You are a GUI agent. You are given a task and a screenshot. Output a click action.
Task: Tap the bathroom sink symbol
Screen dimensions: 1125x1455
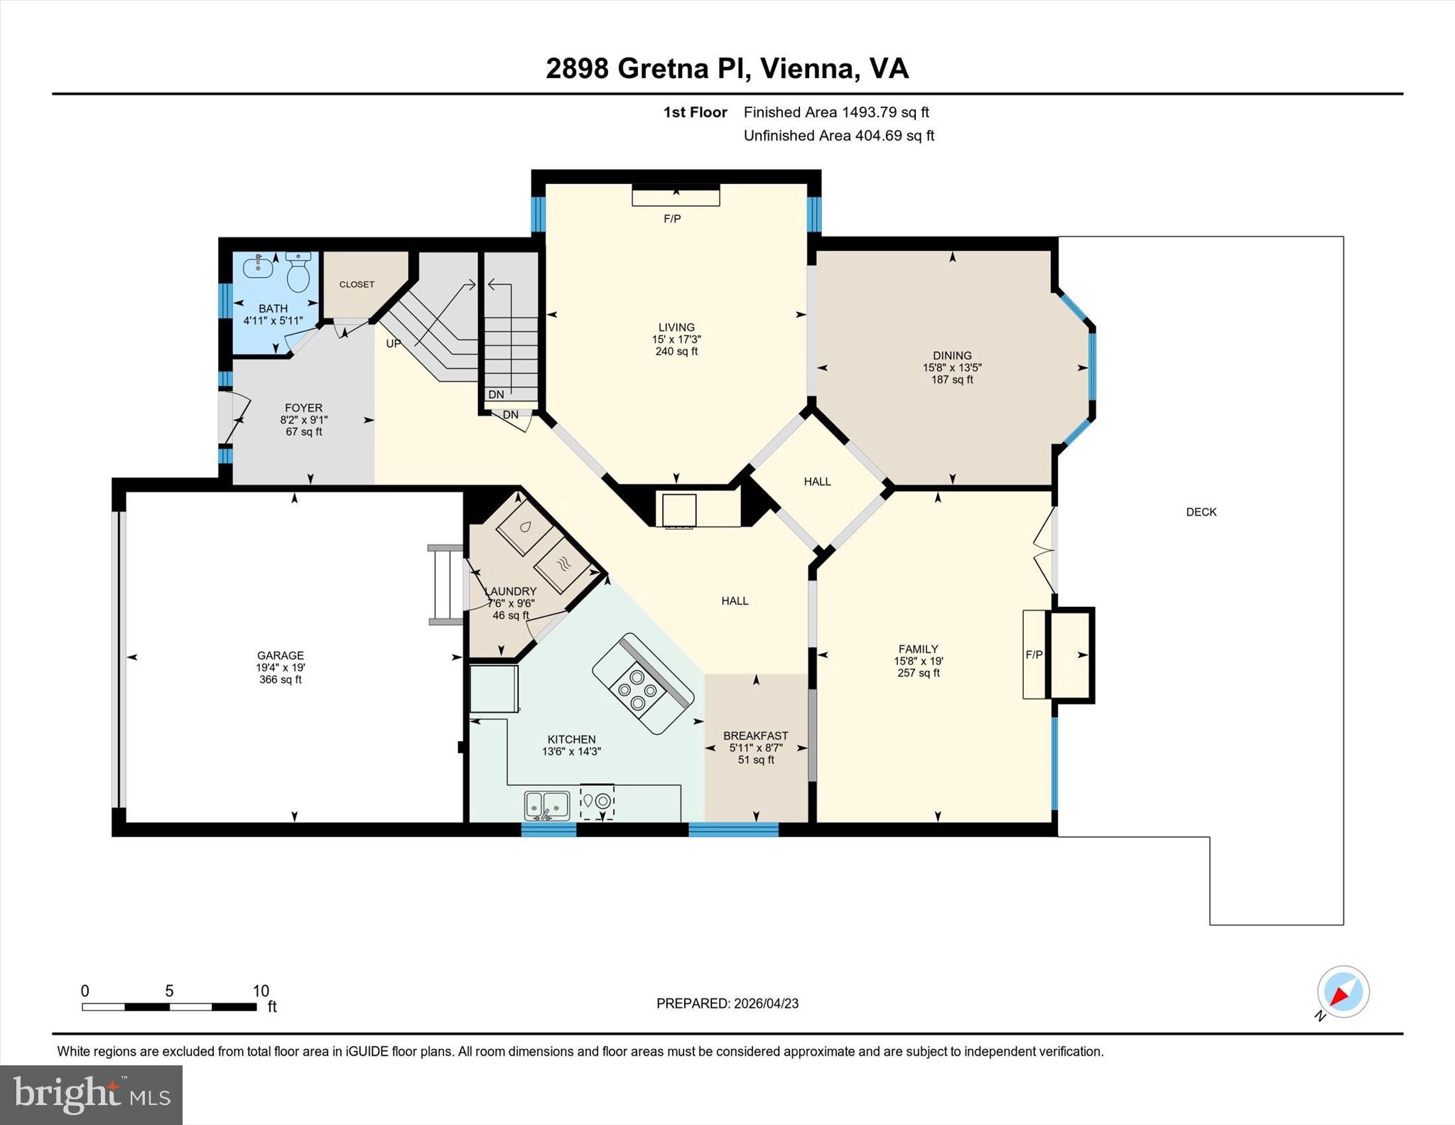click(x=258, y=267)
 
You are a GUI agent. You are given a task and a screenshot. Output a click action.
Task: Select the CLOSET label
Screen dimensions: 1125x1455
click(x=357, y=284)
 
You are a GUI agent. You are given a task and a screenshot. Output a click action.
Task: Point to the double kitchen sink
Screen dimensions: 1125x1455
click(x=546, y=804)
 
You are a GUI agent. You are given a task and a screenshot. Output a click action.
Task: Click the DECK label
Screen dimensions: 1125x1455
click(x=1201, y=512)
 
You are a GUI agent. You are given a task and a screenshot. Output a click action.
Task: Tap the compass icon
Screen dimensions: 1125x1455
click(x=1343, y=991)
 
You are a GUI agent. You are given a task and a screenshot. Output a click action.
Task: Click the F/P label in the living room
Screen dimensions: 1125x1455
click(x=672, y=219)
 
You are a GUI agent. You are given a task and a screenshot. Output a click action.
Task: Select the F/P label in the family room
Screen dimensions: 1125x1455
click(x=1034, y=655)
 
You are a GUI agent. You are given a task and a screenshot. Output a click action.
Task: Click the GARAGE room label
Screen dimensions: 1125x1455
click(x=281, y=655)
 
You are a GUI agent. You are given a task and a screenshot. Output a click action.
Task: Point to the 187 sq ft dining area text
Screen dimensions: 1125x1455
click(x=952, y=380)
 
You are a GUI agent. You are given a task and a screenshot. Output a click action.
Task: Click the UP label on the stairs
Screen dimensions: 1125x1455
click(x=394, y=343)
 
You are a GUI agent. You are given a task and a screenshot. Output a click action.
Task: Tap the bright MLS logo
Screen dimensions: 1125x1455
click(x=91, y=1094)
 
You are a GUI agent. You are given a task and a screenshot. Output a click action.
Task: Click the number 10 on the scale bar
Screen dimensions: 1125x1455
click(x=261, y=991)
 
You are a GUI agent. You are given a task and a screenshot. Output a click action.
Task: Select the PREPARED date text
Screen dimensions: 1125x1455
click(x=727, y=1003)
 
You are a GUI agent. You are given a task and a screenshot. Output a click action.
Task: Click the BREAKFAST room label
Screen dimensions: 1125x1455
click(x=755, y=736)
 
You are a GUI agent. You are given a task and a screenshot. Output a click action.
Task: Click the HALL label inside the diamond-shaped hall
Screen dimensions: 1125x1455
click(x=817, y=481)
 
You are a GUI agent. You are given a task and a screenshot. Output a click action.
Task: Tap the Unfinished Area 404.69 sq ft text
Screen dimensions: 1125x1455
click(x=838, y=136)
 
